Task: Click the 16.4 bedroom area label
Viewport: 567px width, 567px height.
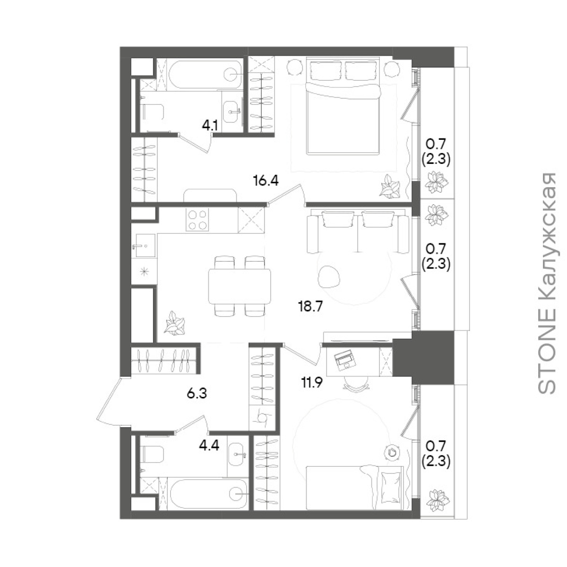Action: [266, 180]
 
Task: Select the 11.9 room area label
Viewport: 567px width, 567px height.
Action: [312, 383]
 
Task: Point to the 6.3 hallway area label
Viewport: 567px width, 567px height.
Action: [197, 394]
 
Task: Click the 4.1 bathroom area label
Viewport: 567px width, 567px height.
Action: [209, 126]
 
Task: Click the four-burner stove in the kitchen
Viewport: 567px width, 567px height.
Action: [197, 220]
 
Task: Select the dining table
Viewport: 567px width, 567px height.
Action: [239, 286]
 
